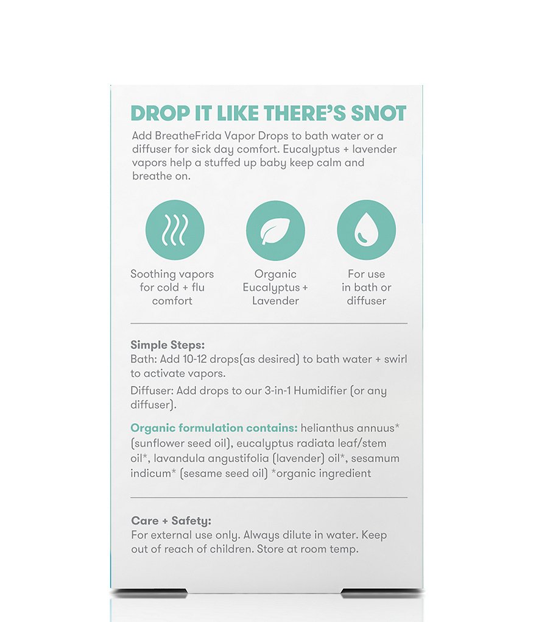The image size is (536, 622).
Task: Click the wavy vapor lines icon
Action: click(175, 230)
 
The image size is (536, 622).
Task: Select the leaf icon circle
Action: click(275, 230)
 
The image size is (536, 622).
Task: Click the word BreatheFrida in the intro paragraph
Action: click(188, 135)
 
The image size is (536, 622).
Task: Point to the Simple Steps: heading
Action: click(167, 345)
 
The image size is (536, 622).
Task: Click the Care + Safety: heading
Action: click(171, 520)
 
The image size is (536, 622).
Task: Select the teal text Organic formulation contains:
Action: click(214, 428)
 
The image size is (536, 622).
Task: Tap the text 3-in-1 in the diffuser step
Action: click(277, 391)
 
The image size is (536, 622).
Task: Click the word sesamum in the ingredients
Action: click(375, 458)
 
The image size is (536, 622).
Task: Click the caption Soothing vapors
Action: click(172, 274)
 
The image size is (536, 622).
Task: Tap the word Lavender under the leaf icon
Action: click(275, 301)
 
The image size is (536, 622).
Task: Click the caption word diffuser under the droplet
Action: click(367, 301)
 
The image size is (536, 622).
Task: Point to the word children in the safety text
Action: click(231, 549)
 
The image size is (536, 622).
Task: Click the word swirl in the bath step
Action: click(395, 359)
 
